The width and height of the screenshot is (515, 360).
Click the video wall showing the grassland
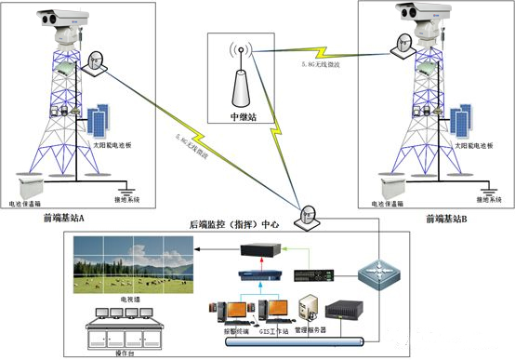tap(130, 260)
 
